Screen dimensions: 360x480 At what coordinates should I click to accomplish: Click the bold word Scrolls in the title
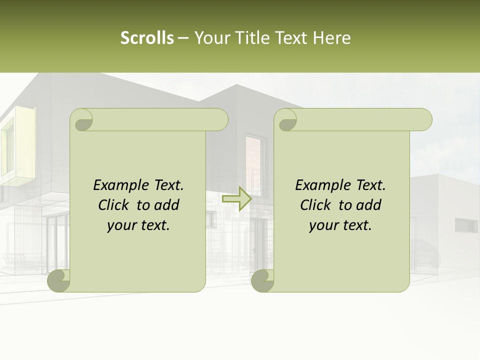click(147, 38)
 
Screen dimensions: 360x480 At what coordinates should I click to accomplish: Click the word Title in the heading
click(250, 38)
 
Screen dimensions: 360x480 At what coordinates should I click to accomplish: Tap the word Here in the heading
click(331, 38)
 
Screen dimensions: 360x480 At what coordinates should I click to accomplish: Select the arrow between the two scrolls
click(236, 199)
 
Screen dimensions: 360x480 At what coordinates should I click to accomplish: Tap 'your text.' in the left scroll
click(138, 225)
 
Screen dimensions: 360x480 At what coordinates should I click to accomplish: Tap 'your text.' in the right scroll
click(340, 225)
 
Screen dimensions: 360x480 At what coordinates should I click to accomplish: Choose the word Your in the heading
click(211, 38)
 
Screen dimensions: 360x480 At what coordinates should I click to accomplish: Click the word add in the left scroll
click(166, 205)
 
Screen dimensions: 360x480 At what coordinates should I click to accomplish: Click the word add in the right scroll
click(368, 205)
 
